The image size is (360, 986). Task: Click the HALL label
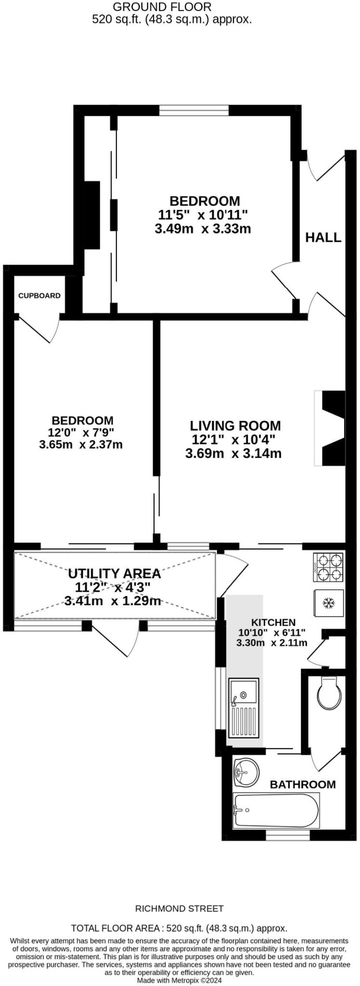[323, 237]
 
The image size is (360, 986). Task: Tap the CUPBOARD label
[39, 296]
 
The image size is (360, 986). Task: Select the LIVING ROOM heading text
[235, 426]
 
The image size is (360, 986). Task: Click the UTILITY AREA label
[114, 573]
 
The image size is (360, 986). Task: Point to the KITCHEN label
[273, 623]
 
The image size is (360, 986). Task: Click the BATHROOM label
[302, 784]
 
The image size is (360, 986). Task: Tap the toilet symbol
[330, 693]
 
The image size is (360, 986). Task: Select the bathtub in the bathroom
[275, 811]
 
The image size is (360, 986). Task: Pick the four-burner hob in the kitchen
[329, 567]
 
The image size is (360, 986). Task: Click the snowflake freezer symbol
[329, 603]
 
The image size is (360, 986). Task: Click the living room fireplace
[330, 428]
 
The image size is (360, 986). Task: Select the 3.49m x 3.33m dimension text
[203, 229]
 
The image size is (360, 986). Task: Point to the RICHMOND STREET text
[179, 908]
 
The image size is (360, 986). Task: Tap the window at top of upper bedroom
[194, 111]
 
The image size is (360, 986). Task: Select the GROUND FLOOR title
[162, 7]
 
